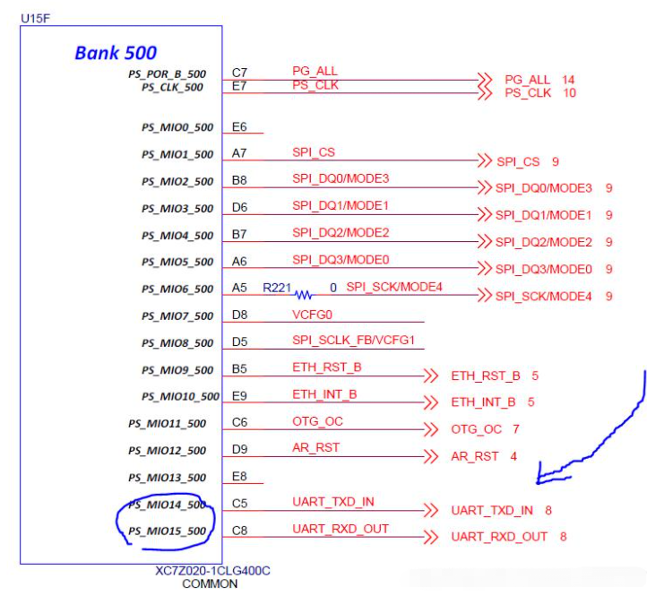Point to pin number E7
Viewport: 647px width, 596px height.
click(239, 86)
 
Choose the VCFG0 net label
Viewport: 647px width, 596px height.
click(310, 315)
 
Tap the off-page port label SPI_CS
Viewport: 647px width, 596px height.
click(519, 161)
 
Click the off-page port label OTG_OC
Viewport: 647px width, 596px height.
click(477, 429)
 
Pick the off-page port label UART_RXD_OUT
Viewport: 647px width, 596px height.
click(499, 537)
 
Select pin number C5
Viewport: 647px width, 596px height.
click(239, 504)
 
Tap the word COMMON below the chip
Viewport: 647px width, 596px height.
click(210, 584)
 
